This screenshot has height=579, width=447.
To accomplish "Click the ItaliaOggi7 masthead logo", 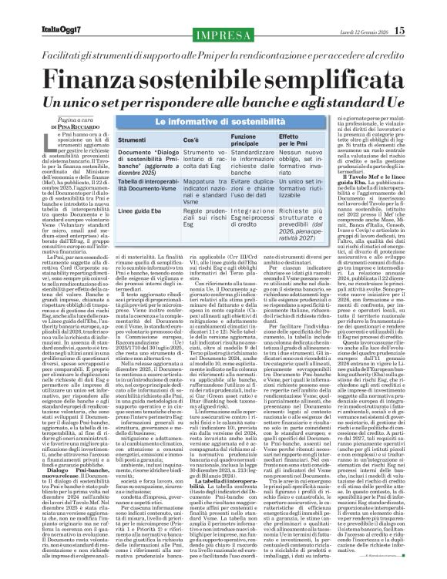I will point(39,9).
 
